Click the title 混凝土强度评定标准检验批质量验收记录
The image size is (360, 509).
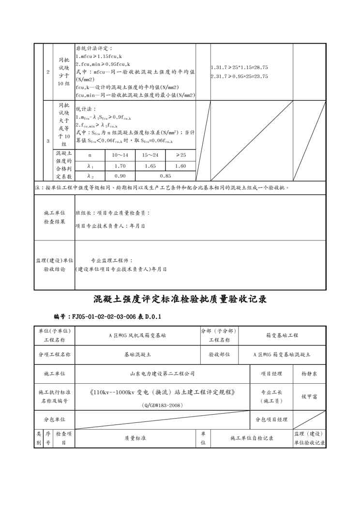point(180,299)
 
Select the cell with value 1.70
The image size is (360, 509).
point(120,166)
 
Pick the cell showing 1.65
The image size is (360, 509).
point(150,166)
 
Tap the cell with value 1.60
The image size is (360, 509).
point(180,166)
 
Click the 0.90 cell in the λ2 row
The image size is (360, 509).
point(120,176)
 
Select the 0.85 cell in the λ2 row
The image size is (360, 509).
point(165,176)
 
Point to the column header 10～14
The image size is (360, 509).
point(120,155)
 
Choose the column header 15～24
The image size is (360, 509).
point(150,155)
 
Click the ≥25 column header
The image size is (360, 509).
point(180,155)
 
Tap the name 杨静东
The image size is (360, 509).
point(310,374)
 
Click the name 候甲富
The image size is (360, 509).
point(310,396)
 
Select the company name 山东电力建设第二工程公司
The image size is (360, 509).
point(162,374)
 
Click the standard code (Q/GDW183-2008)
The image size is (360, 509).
point(162,404)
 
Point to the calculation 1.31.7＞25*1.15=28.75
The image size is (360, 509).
point(240,68)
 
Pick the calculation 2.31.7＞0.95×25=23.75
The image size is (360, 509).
point(240,76)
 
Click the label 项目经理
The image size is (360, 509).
point(271,374)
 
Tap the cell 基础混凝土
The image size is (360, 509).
point(137,355)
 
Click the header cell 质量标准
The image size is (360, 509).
point(135,438)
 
